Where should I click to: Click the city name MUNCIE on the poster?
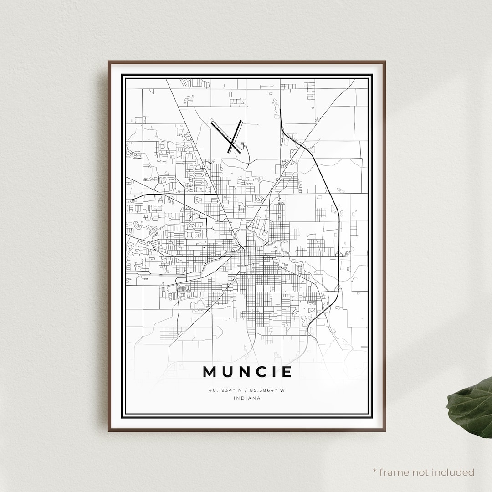[247, 372]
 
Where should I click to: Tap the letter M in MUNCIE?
[210, 372]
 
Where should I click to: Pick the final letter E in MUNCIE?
[286, 372]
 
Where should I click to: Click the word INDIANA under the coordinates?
[247, 398]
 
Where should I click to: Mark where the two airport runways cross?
[234, 143]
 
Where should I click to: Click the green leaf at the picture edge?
[470, 407]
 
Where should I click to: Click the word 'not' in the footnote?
[420, 472]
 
